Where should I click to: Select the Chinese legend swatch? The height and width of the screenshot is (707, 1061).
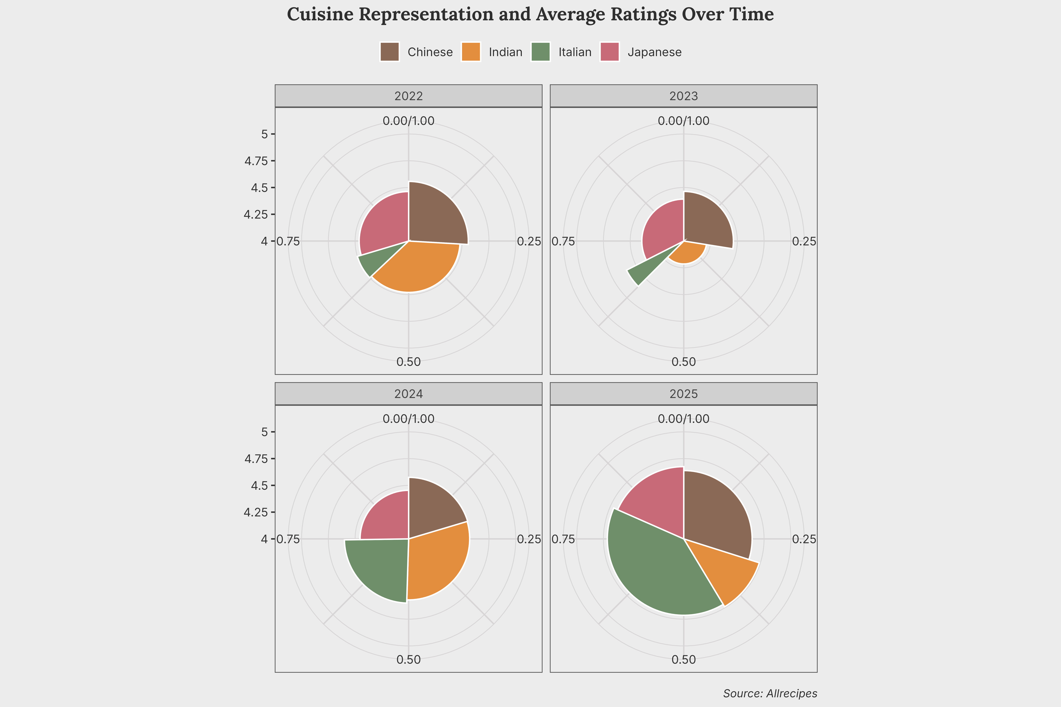(389, 52)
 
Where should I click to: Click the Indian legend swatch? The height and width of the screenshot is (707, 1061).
(471, 52)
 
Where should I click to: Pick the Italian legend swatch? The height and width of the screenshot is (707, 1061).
(540, 52)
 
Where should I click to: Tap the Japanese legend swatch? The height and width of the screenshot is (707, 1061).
(609, 52)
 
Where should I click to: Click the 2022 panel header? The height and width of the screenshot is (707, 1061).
(408, 96)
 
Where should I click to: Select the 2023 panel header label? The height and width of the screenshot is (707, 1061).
(683, 96)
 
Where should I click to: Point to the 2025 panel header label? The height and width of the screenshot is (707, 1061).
(683, 394)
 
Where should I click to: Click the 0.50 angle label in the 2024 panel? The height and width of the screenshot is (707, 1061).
(408, 660)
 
